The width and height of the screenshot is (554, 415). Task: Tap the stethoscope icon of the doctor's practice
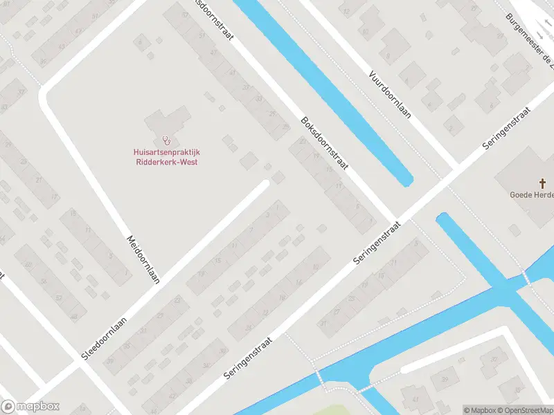click(x=166, y=140)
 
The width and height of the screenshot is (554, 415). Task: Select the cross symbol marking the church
click(x=543, y=183)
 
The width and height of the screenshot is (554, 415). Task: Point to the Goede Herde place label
click(x=532, y=195)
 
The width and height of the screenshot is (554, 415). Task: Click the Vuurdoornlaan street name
click(x=390, y=94)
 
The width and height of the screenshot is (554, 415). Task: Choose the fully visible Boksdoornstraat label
click(x=324, y=145)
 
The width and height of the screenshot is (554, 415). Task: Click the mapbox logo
click(x=30, y=406)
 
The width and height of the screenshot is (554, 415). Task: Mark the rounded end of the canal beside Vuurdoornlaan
click(x=406, y=181)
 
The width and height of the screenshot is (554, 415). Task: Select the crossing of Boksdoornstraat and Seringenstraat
click(x=395, y=217)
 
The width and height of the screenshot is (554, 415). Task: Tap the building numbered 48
click(x=73, y=317)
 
